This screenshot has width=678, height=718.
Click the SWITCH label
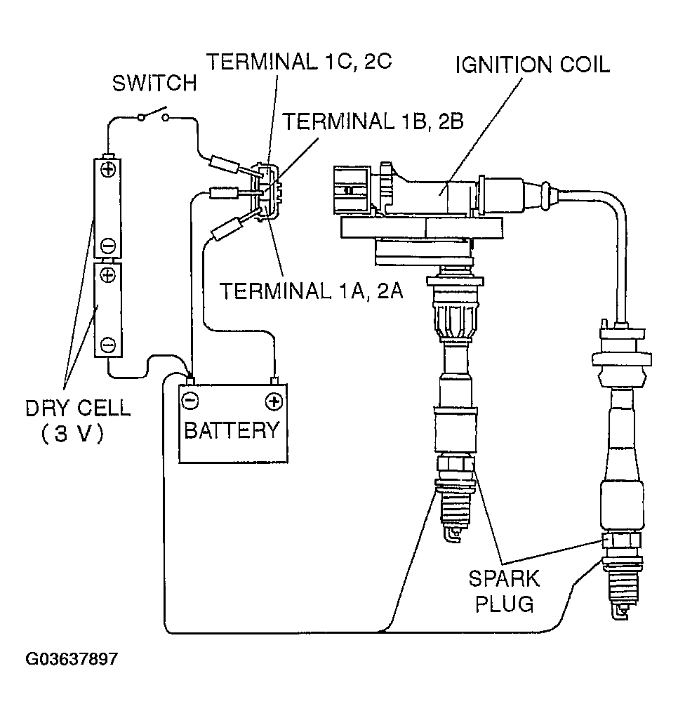154,84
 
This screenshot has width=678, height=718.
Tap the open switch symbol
154,114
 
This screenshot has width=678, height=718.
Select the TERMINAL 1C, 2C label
299,61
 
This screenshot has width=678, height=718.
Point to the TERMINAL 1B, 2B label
373,121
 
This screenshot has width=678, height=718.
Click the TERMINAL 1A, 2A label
312,291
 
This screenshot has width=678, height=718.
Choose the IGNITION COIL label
533,65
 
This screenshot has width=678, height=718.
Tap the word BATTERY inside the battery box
232,430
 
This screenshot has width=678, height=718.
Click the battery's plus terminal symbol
273,401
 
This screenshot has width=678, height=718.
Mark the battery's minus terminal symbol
190,401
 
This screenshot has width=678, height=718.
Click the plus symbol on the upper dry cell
108,171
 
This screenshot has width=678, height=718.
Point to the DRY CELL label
78,408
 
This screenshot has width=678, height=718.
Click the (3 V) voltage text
72,434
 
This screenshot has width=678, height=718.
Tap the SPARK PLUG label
504,591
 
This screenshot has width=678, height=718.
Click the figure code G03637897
72,659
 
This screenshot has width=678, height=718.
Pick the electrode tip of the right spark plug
621,612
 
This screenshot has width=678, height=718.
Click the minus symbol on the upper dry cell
108,246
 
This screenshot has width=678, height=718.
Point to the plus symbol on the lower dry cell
108,275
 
